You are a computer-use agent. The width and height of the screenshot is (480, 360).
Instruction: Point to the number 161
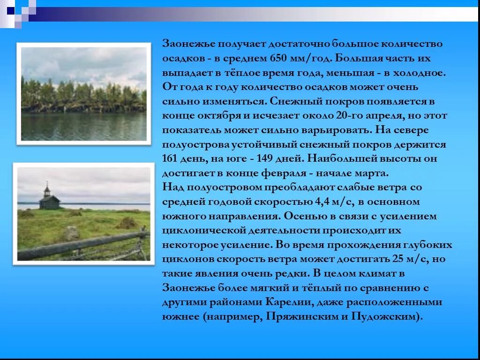coord(170,158)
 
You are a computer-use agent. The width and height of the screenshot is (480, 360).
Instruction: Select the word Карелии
coord(287,302)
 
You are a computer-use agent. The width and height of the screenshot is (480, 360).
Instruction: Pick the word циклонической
coord(197,231)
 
